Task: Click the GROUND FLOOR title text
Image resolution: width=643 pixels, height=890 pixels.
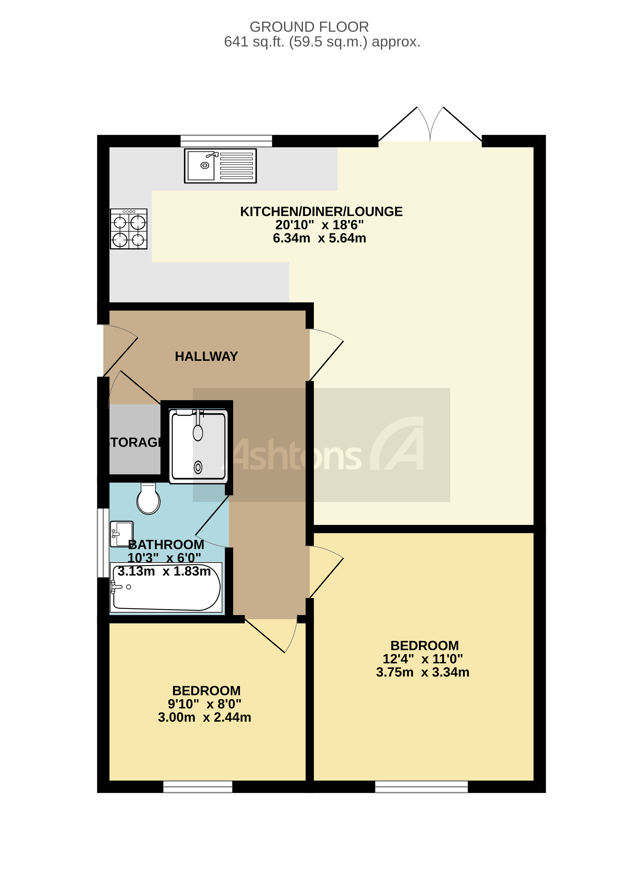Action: coord(309,27)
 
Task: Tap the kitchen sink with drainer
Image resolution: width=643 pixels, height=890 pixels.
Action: coord(220,166)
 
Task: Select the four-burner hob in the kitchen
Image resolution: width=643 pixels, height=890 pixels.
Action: coord(129,229)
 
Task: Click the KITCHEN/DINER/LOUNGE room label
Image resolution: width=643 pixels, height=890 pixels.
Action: coord(321,211)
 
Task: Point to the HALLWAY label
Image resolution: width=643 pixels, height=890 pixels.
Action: coord(206,356)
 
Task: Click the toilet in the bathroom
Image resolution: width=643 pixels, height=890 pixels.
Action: coord(148,499)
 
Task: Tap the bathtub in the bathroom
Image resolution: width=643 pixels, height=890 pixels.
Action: coord(166,587)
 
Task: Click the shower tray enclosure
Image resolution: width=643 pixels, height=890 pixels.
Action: coord(198,445)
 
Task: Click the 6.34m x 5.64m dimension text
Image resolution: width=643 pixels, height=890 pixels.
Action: coord(319,238)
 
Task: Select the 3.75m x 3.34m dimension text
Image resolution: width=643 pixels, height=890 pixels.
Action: coord(423,672)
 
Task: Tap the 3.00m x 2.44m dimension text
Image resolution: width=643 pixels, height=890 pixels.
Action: coord(204,717)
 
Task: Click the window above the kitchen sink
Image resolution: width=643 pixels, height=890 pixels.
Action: coord(226,141)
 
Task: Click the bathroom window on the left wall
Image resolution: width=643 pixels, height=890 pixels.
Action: coord(103,543)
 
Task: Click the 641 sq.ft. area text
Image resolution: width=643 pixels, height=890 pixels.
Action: coord(322,42)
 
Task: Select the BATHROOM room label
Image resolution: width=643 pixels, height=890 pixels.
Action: coord(166,545)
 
